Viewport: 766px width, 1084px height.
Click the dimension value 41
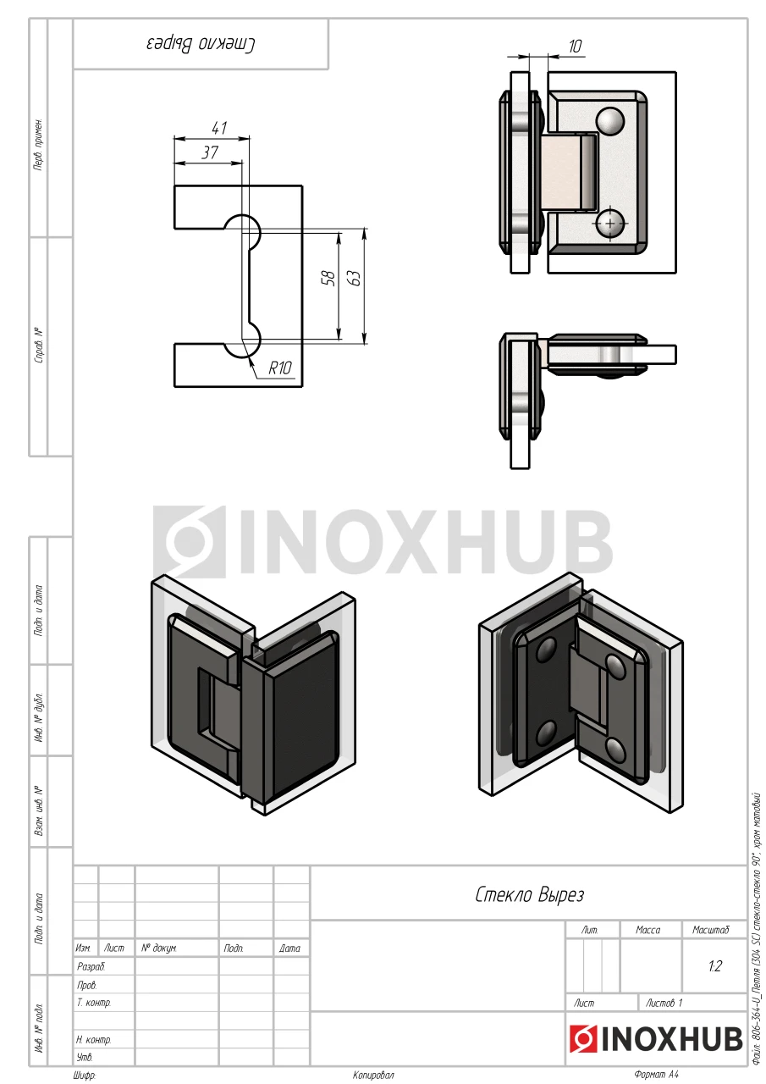click(219, 129)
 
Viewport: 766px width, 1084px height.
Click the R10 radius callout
click(279, 368)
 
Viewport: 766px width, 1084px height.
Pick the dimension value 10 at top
click(575, 47)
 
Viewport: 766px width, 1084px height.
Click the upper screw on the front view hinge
click(609, 121)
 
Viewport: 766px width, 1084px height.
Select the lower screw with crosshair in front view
click(610, 223)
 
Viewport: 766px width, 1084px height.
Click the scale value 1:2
click(714, 966)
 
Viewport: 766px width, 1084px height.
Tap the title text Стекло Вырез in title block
click(530, 894)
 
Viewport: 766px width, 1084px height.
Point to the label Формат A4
click(656, 1075)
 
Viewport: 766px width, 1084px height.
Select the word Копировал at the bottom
click(373, 1075)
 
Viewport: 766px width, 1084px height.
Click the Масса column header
click(648, 930)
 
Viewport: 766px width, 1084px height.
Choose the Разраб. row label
click(91, 966)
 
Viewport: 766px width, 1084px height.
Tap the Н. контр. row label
click(94, 1039)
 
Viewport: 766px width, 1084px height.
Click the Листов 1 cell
click(664, 1003)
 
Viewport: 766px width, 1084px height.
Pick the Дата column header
click(289, 948)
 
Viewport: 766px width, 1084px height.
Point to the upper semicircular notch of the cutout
click(242, 228)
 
